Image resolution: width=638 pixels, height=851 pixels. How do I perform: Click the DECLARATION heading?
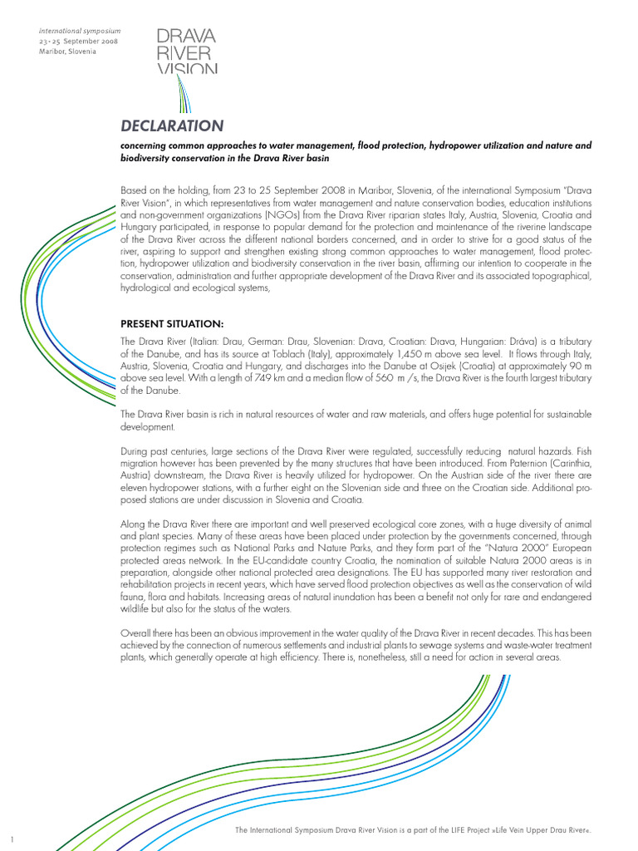[x=172, y=126]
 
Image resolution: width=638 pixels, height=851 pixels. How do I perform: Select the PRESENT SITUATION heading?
[x=172, y=322]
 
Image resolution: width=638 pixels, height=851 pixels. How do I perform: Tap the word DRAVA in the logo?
[x=187, y=36]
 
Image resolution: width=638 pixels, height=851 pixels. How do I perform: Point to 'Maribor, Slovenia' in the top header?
[x=67, y=52]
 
